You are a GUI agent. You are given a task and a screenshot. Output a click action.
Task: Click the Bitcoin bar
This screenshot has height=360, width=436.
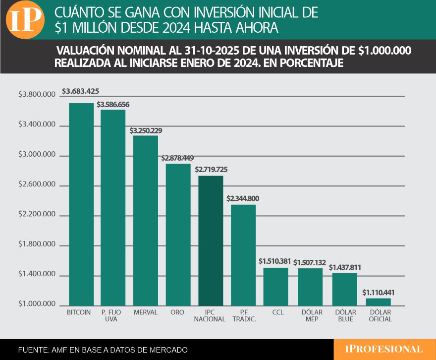pos(81,204)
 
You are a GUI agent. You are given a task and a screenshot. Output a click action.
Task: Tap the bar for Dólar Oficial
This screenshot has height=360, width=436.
pos(378,301)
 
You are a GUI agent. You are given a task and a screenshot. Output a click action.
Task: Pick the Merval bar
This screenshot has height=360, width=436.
pos(146,220)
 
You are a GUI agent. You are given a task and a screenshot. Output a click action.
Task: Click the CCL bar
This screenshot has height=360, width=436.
pos(275,286)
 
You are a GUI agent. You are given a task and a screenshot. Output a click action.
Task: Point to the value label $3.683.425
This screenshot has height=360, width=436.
pos(81,91)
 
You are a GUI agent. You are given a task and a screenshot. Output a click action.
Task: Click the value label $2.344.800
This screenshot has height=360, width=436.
pos(243,198)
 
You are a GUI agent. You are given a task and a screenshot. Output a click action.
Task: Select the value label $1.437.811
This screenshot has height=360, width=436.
pos(345,267)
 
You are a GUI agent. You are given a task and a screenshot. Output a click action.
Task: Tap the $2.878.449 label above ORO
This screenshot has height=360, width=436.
pos(177,158)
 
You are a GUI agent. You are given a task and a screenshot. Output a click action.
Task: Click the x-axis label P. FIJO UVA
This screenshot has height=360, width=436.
pos(113,316)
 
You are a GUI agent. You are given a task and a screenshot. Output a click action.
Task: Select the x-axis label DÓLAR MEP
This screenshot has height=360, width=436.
pos(312,316)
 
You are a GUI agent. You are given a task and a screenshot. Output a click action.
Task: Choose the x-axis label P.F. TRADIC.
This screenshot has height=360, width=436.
pos(244,316)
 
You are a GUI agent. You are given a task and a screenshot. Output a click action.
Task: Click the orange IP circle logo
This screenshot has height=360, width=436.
pos(25,20)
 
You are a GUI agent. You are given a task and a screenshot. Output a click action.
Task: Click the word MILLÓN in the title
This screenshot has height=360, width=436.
pos(101,28)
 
